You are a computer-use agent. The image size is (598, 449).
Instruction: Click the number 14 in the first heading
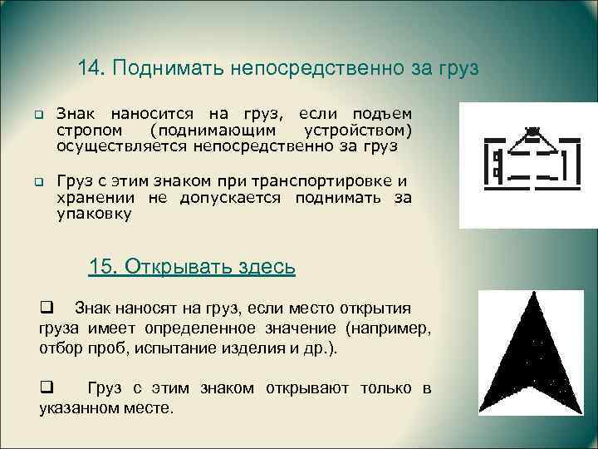point(90,67)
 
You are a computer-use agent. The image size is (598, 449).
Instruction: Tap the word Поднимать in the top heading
point(162,67)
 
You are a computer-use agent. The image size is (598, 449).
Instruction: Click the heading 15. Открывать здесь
point(191,267)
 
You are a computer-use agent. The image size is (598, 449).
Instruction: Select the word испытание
point(188,347)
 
